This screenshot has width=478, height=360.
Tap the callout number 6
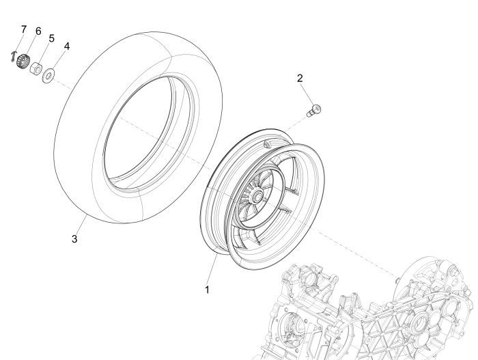click(38, 31)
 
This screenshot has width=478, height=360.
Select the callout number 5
click(51, 38)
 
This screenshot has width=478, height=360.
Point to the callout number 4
click(66, 46)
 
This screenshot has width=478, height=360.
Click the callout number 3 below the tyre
click(74, 238)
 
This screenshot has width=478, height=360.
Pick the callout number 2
click(300, 78)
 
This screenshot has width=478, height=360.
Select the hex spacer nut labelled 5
click(38, 68)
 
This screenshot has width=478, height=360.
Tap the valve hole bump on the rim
click(272, 144)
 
